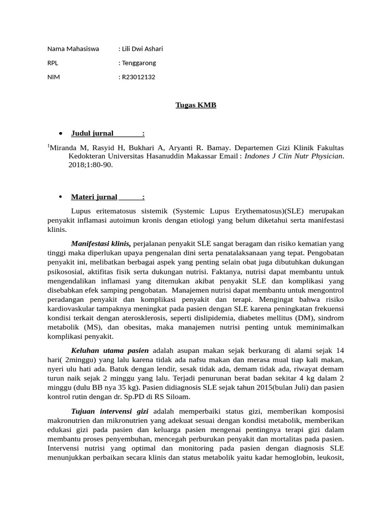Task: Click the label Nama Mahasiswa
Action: [73, 49]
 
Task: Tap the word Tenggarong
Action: [138, 63]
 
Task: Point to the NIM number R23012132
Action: [138, 77]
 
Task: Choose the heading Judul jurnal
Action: [92, 134]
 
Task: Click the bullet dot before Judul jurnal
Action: [61, 134]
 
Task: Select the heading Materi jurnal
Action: [94, 197]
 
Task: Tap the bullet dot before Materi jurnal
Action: [61, 197]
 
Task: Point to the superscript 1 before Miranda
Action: [48, 147]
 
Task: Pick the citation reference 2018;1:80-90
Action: [91, 165]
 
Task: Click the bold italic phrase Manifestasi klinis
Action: [101, 244]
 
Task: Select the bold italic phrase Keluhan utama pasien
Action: [110, 350]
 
